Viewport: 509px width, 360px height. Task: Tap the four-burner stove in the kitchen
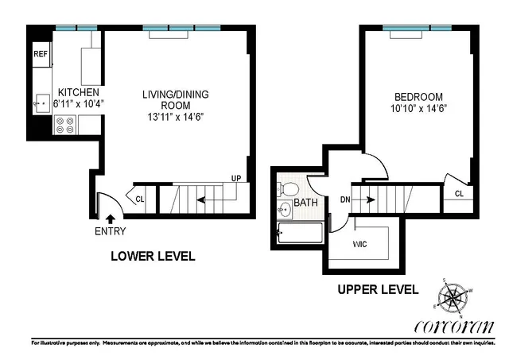point(65,125)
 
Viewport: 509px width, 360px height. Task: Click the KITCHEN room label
point(78,92)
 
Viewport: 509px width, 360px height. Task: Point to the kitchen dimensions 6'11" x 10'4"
point(78,103)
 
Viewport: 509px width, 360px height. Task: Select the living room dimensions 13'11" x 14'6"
point(175,116)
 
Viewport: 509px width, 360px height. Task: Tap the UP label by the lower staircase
point(235,178)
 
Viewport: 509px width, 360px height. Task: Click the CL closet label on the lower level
point(140,199)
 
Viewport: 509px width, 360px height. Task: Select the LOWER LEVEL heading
point(152,257)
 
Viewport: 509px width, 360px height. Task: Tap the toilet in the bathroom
point(288,190)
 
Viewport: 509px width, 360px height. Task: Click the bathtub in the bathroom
point(300,234)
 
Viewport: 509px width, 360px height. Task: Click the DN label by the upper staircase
point(346,199)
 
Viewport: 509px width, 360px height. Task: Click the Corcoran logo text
point(454,327)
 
